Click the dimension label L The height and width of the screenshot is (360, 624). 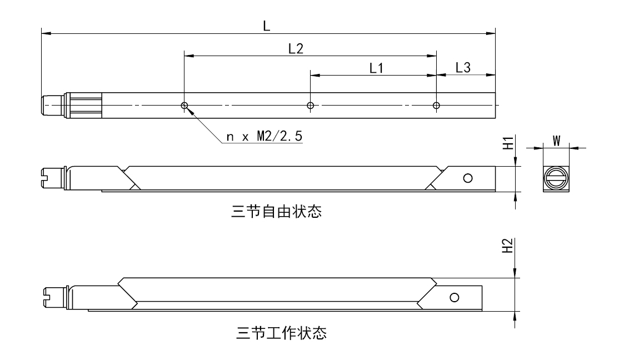(267, 26)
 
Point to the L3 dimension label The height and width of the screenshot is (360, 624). (463, 67)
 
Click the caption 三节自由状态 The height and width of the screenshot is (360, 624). (277, 212)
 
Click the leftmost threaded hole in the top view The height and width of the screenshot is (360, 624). (184, 106)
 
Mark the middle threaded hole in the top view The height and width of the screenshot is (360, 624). (311, 106)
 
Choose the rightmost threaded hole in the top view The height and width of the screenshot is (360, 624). (436, 106)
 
